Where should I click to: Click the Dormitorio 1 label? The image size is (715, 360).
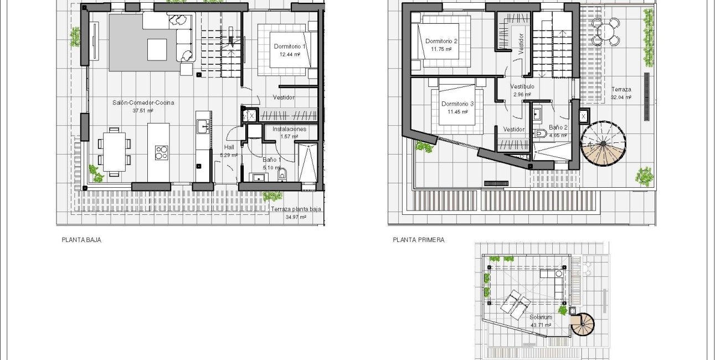pos(290,47)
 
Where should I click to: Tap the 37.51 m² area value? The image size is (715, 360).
pos(142,111)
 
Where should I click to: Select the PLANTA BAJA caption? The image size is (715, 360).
pos(81,240)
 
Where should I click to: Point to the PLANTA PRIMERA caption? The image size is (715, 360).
pos(419,240)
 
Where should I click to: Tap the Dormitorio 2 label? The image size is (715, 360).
pos(441,41)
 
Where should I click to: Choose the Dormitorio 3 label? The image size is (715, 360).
pos(457,104)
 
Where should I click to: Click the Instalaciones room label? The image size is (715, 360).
pos(289,129)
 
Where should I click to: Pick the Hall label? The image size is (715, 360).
pos(229,147)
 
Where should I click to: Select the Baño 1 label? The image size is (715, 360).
pos(271,160)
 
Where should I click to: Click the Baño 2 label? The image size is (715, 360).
pos(558,127)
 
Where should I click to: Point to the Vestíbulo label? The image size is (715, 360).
pos(522,87)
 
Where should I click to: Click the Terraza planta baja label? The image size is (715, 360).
pos(296,210)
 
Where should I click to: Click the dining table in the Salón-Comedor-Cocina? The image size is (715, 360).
pos(114,151)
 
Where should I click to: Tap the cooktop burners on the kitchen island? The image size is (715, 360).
pos(161,152)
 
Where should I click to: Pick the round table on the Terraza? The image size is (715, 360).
pos(606,32)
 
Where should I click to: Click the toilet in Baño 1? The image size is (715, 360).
pos(282,176)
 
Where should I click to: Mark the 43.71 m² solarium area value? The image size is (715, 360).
pos(539,325)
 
